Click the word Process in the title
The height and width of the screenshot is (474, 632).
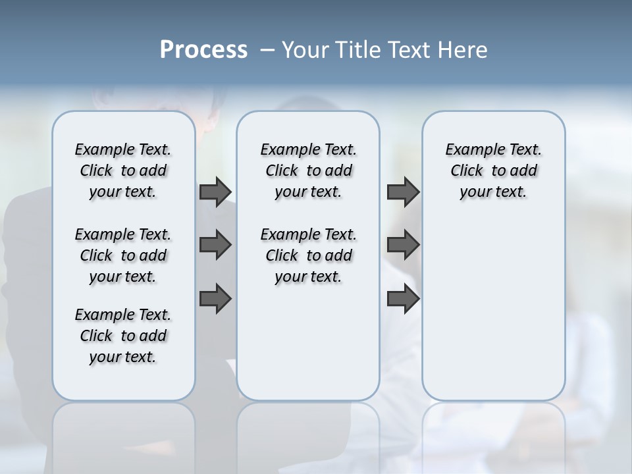click(203, 50)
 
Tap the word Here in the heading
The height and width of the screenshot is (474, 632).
click(463, 50)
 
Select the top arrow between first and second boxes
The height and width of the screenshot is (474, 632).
click(215, 192)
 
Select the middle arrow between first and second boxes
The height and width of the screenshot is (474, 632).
click(215, 245)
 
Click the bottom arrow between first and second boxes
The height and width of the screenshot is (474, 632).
click(215, 299)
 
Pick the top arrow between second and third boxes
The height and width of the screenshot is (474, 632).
click(403, 192)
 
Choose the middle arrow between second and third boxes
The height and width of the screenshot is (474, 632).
click(403, 245)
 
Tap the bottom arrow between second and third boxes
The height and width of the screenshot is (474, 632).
click(403, 299)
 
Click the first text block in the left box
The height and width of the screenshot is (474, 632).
click(123, 171)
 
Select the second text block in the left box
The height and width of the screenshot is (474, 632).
click(123, 255)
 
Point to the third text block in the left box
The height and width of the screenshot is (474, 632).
click(123, 336)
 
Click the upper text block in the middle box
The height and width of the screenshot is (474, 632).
click(308, 171)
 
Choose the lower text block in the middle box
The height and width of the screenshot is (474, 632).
click(308, 255)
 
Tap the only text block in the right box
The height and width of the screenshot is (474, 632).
click(493, 171)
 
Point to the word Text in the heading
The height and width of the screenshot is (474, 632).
click(409, 50)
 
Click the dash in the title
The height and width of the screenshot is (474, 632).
click(267, 50)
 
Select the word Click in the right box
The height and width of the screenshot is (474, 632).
click(467, 171)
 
